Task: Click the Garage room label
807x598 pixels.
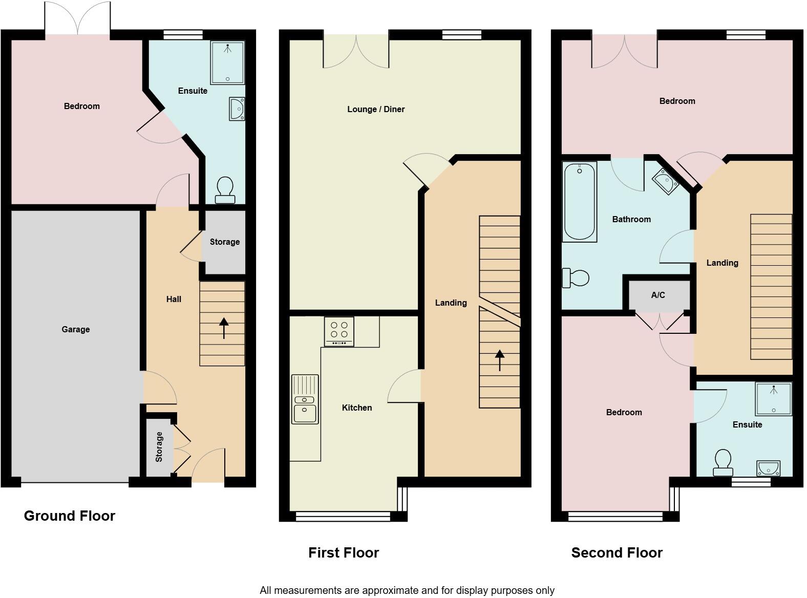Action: [x=76, y=329]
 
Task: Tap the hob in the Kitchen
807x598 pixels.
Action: [x=339, y=332]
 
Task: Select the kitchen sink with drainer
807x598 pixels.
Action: [x=305, y=399]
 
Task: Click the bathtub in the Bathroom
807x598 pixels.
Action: [x=579, y=201]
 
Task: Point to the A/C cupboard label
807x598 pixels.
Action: [x=658, y=295]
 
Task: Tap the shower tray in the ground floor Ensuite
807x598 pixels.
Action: [x=227, y=62]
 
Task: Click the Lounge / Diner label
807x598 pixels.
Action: [x=376, y=109]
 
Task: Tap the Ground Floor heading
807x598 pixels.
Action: [x=70, y=516]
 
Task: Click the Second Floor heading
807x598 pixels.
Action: [x=617, y=552]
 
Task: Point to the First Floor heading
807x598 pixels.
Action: [x=344, y=552]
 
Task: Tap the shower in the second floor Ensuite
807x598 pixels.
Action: [x=774, y=399]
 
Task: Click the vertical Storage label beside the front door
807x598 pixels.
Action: [x=159, y=447]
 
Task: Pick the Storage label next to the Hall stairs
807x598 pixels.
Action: [x=224, y=242]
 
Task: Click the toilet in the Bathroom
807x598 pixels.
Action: [x=576, y=278]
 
